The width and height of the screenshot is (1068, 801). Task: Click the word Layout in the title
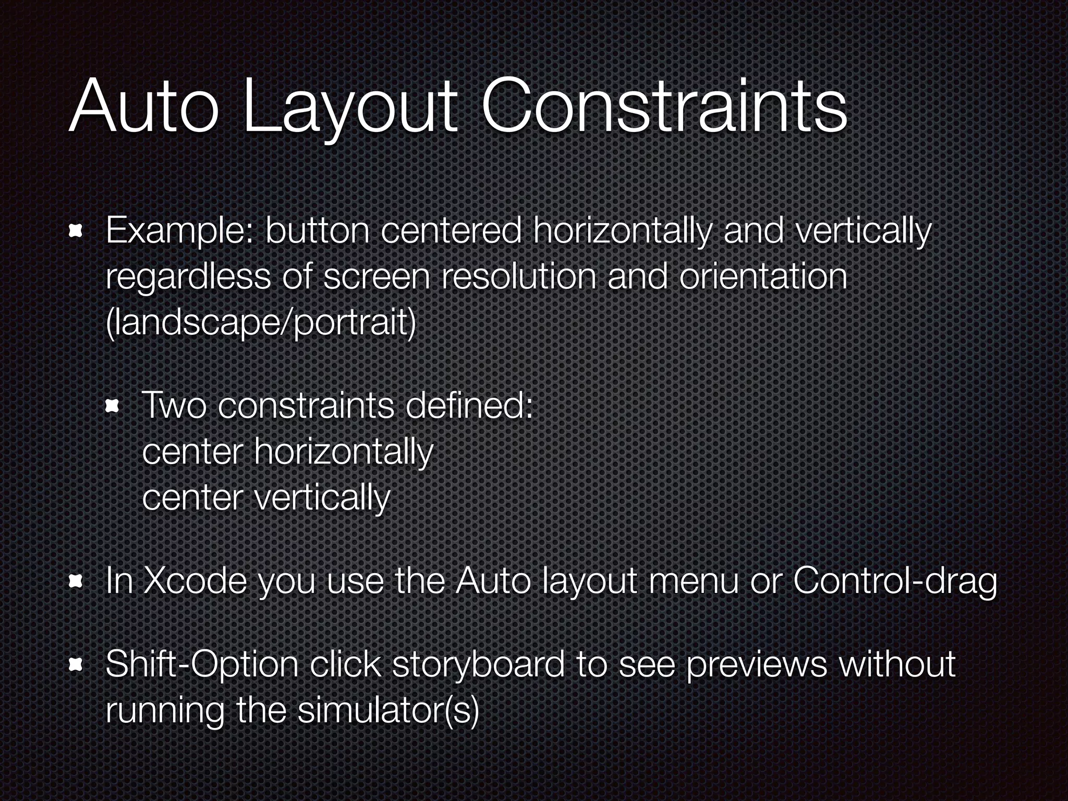tap(350, 107)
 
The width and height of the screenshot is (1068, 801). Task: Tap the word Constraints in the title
tap(664, 107)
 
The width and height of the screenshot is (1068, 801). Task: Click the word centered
tap(452, 232)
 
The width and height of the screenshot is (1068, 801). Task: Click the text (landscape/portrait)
tap(261, 323)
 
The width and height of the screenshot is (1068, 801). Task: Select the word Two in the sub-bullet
tap(174, 406)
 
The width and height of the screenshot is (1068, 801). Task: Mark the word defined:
tap(469, 406)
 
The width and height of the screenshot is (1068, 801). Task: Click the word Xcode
tap(195, 581)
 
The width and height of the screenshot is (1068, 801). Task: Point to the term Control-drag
tap(895, 581)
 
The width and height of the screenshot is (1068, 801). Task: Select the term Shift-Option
tap(201, 665)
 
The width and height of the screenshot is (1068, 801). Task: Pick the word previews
tap(756, 665)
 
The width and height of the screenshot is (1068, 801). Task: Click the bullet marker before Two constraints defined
tap(113, 406)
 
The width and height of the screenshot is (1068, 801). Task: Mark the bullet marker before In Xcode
tap(76, 581)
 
